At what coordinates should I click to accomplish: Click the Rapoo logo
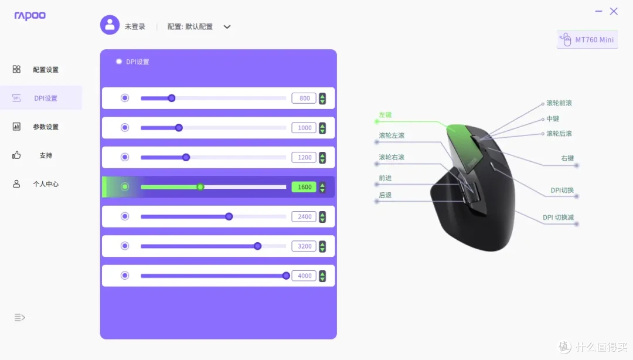(30, 16)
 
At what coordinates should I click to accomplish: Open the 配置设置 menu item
(46, 70)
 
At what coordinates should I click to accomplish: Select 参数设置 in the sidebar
(46, 127)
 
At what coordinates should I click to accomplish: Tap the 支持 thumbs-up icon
(16, 155)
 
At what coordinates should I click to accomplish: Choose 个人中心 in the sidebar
(46, 184)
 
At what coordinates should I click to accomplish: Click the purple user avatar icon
(110, 25)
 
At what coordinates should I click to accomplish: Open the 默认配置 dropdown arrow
(227, 27)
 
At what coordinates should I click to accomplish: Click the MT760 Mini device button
(587, 40)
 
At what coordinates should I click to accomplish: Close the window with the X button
(614, 11)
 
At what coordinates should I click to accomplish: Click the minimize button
(598, 11)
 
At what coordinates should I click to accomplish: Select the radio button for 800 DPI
(125, 98)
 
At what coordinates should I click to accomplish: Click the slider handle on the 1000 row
(179, 128)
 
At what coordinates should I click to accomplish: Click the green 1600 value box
(304, 187)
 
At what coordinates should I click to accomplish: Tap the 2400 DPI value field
(304, 216)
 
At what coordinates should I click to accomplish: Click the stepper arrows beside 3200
(322, 246)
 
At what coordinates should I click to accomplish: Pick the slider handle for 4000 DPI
(286, 276)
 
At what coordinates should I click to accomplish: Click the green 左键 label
(385, 115)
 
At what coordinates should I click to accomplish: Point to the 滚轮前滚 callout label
(559, 103)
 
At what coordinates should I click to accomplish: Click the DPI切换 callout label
(562, 191)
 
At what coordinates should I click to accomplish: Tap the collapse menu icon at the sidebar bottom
(19, 318)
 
